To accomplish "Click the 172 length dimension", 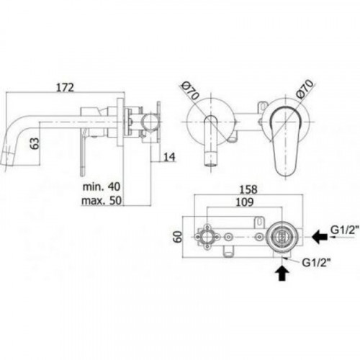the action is tap(65, 88).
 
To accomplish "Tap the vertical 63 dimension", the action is tap(35, 143).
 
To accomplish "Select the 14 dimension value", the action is tap(169, 157).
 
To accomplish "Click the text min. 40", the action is tap(101, 186).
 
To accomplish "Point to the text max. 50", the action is tap(102, 200).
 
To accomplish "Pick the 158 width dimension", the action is tap(248, 189).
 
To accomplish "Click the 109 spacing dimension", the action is tap(244, 202).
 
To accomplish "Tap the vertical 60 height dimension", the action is tap(178, 237).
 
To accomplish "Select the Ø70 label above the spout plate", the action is tap(190, 91).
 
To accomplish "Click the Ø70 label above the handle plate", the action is tap(305, 89).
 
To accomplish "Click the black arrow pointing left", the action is tap(320, 237).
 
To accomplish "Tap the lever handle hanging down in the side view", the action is tap(84, 153).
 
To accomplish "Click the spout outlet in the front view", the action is tap(210, 159).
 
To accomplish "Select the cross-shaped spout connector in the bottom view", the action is tap(207, 237).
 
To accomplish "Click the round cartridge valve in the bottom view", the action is tap(282, 237).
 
